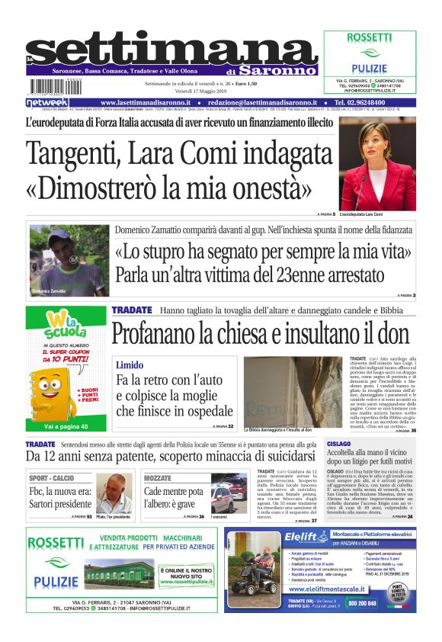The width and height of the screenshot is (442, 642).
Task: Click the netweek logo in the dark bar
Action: [48, 102]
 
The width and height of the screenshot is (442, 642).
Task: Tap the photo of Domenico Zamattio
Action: [69, 260]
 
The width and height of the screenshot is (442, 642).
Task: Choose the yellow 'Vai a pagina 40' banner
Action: [66, 426]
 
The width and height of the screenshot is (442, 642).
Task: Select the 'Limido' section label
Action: [130, 365]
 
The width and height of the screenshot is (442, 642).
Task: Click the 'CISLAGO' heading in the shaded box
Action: [339, 443]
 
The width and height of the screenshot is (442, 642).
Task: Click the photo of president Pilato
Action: [114, 493]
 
